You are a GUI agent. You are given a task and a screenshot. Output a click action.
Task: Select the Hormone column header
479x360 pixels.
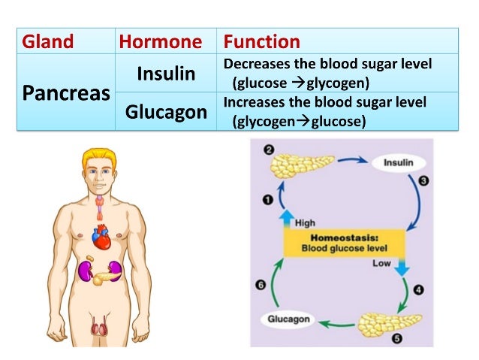pyautogui.click(x=160, y=42)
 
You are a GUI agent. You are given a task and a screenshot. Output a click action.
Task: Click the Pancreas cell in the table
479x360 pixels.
pyautogui.click(x=65, y=95)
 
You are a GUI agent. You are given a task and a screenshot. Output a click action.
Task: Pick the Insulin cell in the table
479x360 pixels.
pyautogui.click(x=166, y=74)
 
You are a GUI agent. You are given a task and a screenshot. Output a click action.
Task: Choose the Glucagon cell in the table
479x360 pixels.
pyautogui.click(x=166, y=112)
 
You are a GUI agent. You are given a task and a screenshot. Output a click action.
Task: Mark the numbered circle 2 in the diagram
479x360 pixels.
pyautogui.click(x=268, y=150)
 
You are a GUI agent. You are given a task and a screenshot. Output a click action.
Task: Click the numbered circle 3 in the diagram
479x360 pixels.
pyautogui.click(x=423, y=180)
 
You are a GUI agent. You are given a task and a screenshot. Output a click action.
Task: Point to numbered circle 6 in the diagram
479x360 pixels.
pyautogui.click(x=261, y=284)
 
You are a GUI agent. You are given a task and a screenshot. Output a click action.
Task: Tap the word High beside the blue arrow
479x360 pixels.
pyautogui.click(x=305, y=222)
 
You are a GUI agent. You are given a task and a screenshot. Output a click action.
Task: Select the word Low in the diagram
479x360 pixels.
pyautogui.click(x=381, y=263)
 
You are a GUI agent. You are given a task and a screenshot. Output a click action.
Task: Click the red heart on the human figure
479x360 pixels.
pyautogui.click(x=101, y=237)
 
